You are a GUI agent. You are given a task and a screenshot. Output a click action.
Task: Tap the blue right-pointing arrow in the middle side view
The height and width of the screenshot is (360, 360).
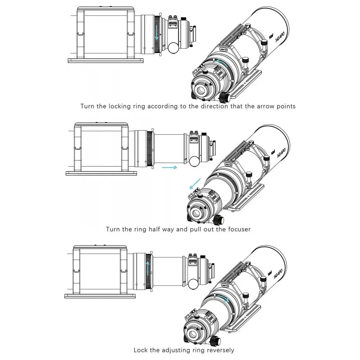[169, 167]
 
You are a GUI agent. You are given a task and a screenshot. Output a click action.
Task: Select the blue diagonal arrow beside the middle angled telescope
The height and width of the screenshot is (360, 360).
[194, 184]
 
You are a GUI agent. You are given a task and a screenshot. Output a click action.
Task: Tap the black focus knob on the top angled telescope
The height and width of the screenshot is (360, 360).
[225, 96]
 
